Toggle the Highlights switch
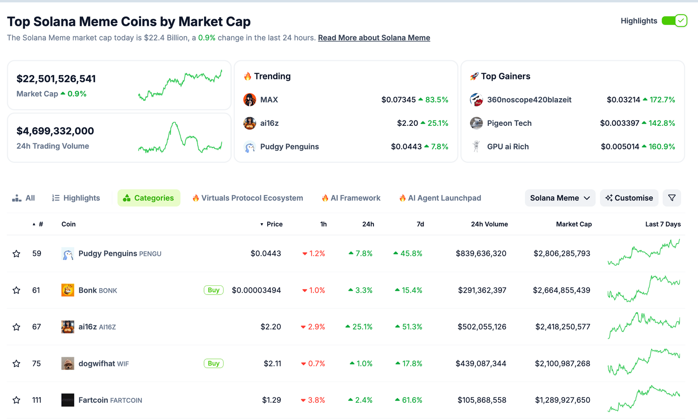coord(674,21)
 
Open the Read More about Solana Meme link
coord(374,38)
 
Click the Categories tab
coord(149,198)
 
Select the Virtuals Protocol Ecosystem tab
coord(248,198)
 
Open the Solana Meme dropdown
coord(559,198)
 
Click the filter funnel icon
coord(672,198)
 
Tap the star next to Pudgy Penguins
coord(16,254)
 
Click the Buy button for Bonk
coord(214,290)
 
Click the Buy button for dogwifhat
coord(214,364)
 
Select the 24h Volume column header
coord(489,224)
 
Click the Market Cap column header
coord(573,224)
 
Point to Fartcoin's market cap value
coord(562,400)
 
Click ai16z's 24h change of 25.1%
coord(359,327)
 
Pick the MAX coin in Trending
coord(269,100)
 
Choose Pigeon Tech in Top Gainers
coord(509,123)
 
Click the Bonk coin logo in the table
coord(68,290)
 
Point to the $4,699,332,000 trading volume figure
coord(55,131)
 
